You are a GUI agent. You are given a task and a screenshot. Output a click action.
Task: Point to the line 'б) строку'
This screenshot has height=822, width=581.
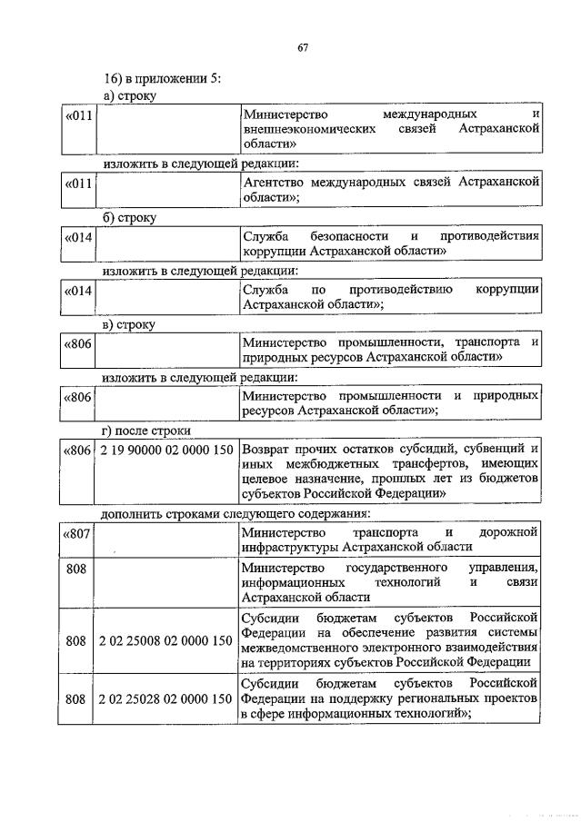(x=129, y=218)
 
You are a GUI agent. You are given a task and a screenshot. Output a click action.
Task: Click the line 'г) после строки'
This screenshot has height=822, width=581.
(x=145, y=430)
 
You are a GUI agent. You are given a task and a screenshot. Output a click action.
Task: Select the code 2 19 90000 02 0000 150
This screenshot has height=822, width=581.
(x=167, y=449)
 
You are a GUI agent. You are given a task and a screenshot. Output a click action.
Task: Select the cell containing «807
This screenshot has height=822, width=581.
(x=75, y=532)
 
